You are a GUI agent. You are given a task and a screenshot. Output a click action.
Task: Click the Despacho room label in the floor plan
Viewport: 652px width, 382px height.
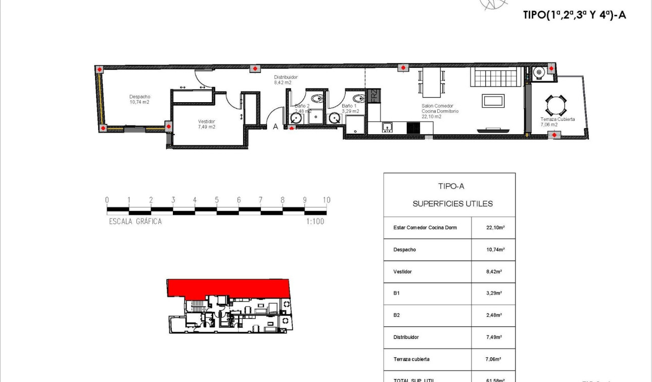(139, 99)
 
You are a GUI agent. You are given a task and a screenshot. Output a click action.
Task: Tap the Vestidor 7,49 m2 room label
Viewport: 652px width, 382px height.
(206, 124)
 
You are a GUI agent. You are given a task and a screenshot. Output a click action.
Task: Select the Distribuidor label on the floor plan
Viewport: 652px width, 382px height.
(286, 79)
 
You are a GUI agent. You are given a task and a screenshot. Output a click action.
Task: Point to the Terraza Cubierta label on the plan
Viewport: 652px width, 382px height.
(557, 122)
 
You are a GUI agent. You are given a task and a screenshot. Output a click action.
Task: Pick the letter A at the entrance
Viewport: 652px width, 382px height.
(275, 127)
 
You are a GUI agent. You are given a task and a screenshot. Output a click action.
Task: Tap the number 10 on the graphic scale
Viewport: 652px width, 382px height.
(326, 200)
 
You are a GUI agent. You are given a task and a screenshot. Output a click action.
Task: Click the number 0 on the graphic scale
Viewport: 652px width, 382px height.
(107, 200)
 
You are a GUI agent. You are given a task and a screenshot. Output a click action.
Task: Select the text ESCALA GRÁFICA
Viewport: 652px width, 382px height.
(135, 221)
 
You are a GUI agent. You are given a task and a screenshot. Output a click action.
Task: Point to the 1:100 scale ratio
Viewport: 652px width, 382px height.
(315, 221)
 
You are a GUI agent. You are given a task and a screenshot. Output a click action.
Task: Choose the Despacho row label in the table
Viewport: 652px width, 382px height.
(404, 249)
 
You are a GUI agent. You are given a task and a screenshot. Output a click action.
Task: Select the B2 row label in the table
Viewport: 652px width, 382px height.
(397, 315)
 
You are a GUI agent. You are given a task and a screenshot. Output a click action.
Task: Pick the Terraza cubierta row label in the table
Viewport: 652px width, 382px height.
(411, 359)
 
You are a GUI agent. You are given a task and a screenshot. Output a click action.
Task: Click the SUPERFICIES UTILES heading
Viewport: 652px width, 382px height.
(452, 204)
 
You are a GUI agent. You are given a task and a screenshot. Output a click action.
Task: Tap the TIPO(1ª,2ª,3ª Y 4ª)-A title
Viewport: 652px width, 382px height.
(574, 15)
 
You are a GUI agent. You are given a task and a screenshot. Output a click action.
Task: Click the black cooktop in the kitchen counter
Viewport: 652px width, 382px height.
(413, 128)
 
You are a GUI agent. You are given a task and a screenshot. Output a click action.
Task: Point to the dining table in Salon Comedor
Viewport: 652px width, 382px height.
(431, 82)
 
